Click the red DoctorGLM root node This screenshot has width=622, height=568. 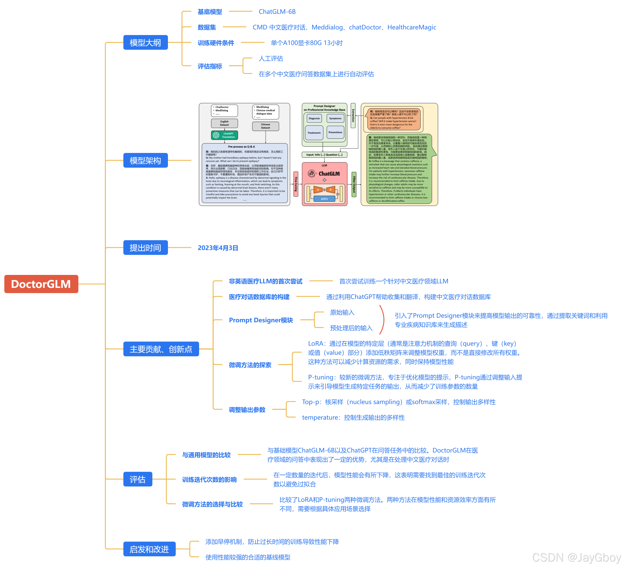[x=41, y=284]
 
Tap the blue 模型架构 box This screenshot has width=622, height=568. [x=145, y=160]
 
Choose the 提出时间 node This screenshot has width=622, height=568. [x=145, y=248]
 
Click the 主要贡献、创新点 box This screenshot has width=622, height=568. [x=161, y=349]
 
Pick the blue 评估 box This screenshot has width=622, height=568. [x=138, y=479]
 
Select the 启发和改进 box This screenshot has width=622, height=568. [x=149, y=549]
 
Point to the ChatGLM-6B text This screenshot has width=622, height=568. [x=277, y=12]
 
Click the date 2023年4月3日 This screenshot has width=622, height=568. [x=218, y=248]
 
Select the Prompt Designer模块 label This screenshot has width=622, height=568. [x=261, y=320]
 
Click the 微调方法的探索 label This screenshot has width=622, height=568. [x=250, y=365]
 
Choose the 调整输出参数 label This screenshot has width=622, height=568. [x=247, y=410]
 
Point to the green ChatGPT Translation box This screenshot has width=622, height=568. [x=225, y=135]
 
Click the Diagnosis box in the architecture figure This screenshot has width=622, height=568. [x=314, y=118]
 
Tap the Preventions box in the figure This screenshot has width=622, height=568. [x=335, y=132]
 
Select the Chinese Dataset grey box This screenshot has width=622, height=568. [x=265, y=126]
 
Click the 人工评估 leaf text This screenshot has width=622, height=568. [x=271, y=59]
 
